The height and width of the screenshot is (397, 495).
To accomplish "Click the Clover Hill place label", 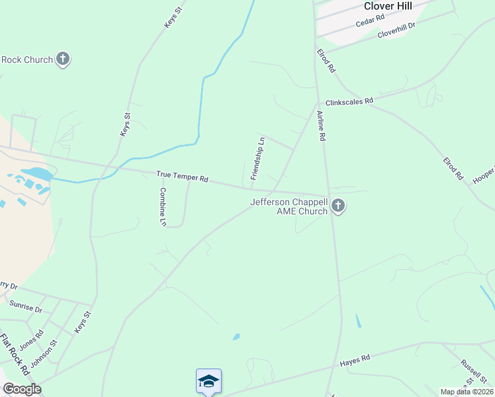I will click(388, 6).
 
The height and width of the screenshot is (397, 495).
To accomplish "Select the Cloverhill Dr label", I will click(396, 30).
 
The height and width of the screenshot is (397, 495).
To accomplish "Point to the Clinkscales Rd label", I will click(349, 101).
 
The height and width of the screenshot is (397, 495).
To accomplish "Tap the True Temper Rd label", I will click(182, 177).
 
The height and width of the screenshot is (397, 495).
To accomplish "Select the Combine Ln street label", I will click(162, 207).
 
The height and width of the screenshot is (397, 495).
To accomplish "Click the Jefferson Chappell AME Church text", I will click(289, 206).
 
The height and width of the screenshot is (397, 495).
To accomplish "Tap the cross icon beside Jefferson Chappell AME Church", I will click(338, 206).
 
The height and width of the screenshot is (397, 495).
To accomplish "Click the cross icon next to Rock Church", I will click(63, 60).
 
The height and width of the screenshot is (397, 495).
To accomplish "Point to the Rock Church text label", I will click(27, 60).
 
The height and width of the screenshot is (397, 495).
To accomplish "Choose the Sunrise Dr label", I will click(26, 308).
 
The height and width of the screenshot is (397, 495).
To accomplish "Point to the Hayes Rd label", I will click(355, 361).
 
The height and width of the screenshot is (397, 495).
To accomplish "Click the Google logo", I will click(21, 389).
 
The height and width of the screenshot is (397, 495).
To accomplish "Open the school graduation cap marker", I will click(208, 381).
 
